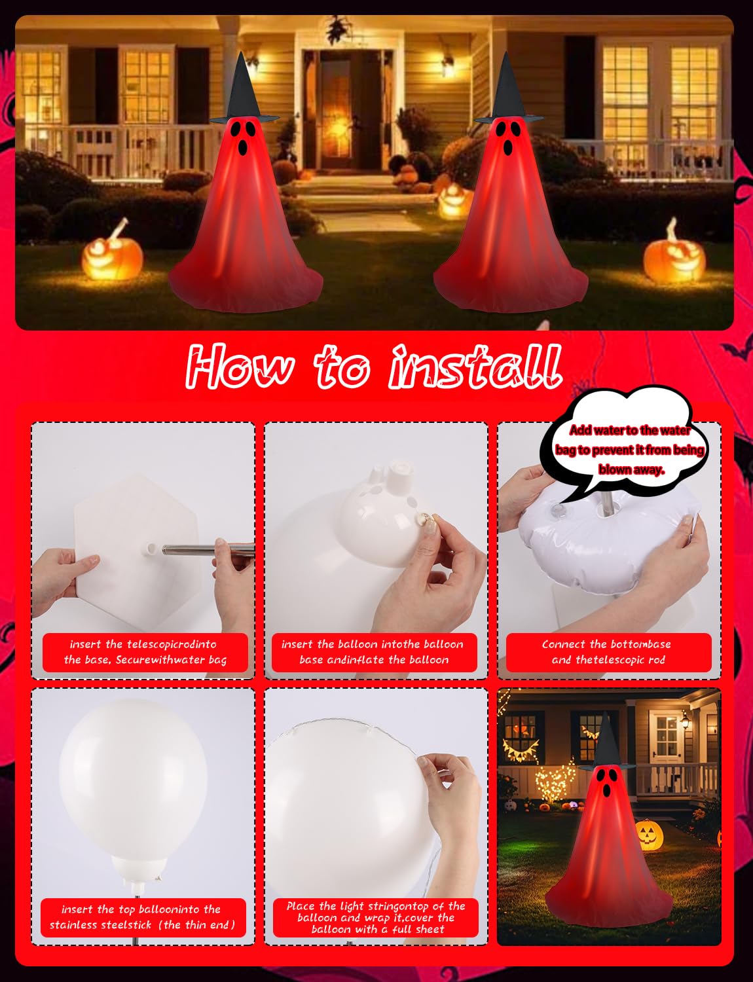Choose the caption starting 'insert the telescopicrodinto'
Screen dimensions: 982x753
[145, 652]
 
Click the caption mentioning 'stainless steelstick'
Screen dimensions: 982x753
[143, 917]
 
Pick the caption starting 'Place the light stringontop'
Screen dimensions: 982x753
[375, 917]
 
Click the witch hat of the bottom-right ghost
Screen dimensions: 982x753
[606, 743]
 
